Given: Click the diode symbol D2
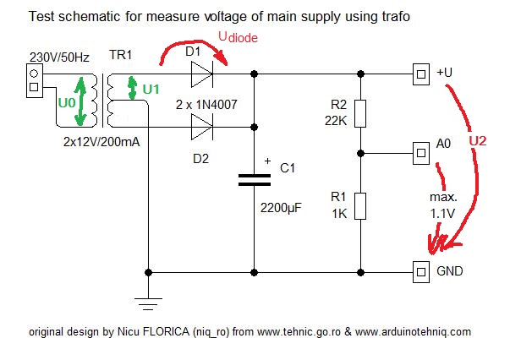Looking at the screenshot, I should click(x=200, y=128).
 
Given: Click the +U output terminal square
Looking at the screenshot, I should click(x=420, y=75).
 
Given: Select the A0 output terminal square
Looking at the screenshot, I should click(x=420, y=153).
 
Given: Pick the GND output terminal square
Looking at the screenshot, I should click(x=420, y=272).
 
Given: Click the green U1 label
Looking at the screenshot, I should click(x=150, y=87).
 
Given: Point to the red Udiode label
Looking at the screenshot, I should click(x=238, y=38).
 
